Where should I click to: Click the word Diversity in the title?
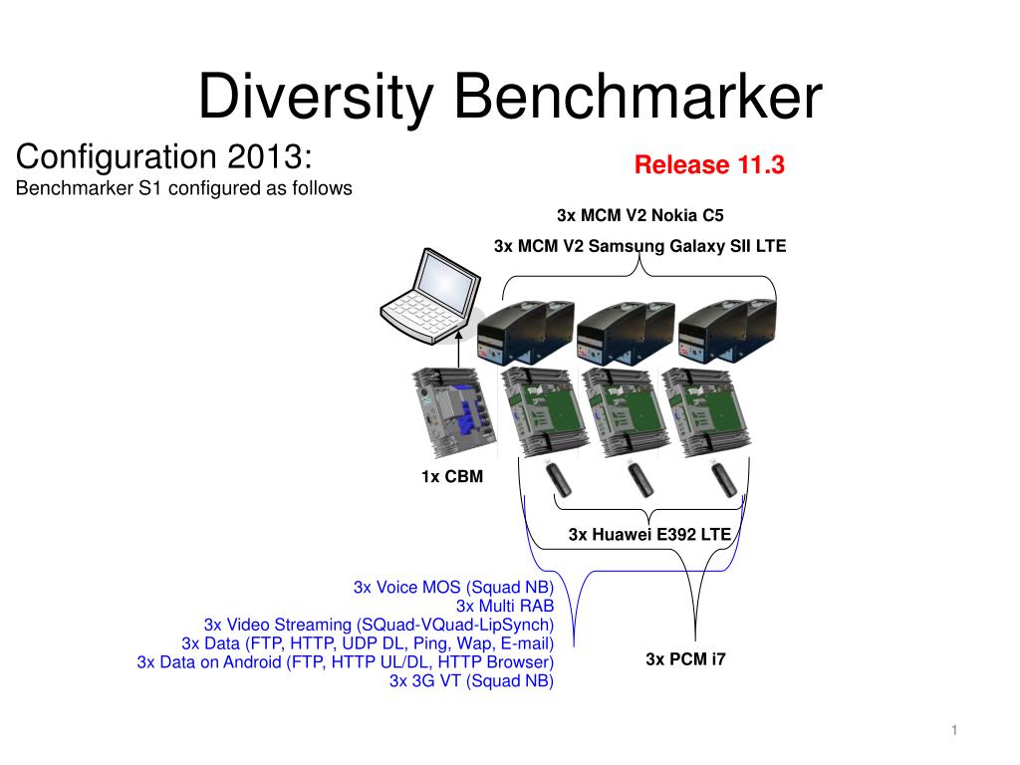pyautogui.click(x=316, y=97)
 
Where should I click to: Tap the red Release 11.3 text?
pyautogui.click(x=709, y=164)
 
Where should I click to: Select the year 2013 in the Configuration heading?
pyautogui.click(x=269, y=156)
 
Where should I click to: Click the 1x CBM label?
pyautogui.click(x=452, y=477)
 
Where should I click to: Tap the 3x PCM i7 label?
pyautogui.click(x=685, y=659)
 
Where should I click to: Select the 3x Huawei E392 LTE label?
pyautogui.click(x=649, y=535)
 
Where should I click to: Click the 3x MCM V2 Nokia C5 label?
pyautogui.click(x=640, y=215)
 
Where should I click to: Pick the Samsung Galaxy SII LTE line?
pyautogui.click(x=640, y=247)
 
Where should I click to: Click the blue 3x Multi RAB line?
pyautogui.click(x=505, y=607)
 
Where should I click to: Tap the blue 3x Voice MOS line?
pyautogui.click(x=453, y=588)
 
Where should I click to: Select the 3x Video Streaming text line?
pyautogui.click(x=379, y=626)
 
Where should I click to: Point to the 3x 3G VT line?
pyautogui.click(x=471, y=681)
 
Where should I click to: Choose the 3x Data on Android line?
pyautogui.click(x=346, y=662)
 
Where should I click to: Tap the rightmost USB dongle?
pyautogui.click(x=722, y=478)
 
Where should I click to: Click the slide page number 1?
pyautogui.click(x=954, y=730)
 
